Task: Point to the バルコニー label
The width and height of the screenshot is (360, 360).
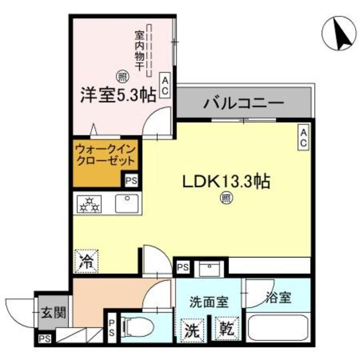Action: [244, 104]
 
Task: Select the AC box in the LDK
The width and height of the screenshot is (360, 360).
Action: [302, 138]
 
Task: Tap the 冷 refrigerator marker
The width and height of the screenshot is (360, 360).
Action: [84, 260]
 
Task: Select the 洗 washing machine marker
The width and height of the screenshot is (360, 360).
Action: [192, 328]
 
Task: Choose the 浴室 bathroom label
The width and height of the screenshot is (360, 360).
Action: [278, 299]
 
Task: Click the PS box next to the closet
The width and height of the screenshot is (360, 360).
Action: [131, 181]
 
